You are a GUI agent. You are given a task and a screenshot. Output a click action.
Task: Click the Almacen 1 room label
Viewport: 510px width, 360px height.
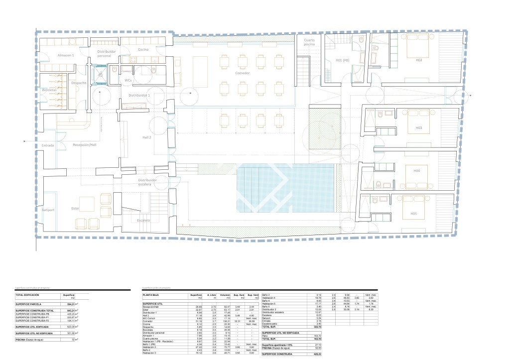pos(66,55)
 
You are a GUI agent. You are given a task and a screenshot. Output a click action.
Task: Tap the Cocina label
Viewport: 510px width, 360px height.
pos(143,49)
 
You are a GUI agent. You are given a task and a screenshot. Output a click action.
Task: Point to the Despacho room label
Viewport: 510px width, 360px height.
pos(79,83)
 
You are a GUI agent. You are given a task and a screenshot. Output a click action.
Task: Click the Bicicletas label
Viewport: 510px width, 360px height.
pos(49,90)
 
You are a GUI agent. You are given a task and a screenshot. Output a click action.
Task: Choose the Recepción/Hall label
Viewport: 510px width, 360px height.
pos(84,145)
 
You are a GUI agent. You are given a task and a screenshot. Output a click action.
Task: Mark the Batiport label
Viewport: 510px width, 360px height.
pos(48,211)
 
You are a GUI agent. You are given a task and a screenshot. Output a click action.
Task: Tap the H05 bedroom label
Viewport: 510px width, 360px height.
pos(413,214)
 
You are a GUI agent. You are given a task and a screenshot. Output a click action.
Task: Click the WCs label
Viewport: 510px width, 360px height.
pos(128,80)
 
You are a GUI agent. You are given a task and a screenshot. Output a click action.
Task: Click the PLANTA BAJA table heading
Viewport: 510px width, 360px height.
pos(152,295)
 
